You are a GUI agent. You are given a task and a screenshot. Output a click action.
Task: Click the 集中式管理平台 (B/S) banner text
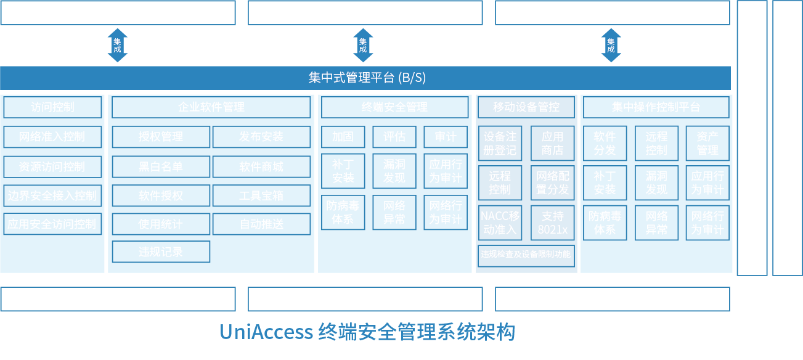(x=367, y=78)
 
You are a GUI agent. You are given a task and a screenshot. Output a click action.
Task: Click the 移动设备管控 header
(x=526, y=107)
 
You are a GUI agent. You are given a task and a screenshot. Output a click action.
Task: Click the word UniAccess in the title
(x=266, y=332)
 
